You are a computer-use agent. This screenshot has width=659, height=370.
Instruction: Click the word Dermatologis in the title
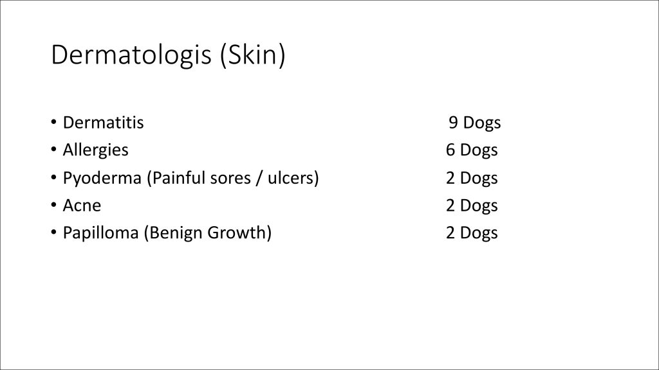point(131,55)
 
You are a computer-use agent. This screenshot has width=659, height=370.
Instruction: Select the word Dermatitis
point(104,123)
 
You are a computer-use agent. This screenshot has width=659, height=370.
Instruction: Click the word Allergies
point(95,150)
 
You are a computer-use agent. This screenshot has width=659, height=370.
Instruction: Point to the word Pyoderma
point(102,179)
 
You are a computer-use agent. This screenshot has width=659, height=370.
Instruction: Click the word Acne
point(82,206)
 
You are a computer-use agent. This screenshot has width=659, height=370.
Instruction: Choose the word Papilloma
point(101,233)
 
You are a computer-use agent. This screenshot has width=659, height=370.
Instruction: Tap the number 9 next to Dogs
point(453,123)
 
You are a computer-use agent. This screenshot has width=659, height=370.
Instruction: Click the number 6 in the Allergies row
point(450,150)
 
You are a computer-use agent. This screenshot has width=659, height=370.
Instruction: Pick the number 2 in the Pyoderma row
point(450,178)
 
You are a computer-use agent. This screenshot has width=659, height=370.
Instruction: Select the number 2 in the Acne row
point(450,206)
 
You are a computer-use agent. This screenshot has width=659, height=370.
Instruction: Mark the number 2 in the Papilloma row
point(450,233)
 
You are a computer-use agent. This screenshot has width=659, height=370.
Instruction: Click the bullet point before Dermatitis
point(53,122)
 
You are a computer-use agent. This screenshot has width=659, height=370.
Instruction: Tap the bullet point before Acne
point(53,205)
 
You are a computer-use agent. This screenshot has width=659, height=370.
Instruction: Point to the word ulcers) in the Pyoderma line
point(293,178)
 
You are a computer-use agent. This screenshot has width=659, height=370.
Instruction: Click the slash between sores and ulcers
point(259,178)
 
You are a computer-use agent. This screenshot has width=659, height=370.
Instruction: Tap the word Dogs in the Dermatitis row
point(481,123)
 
